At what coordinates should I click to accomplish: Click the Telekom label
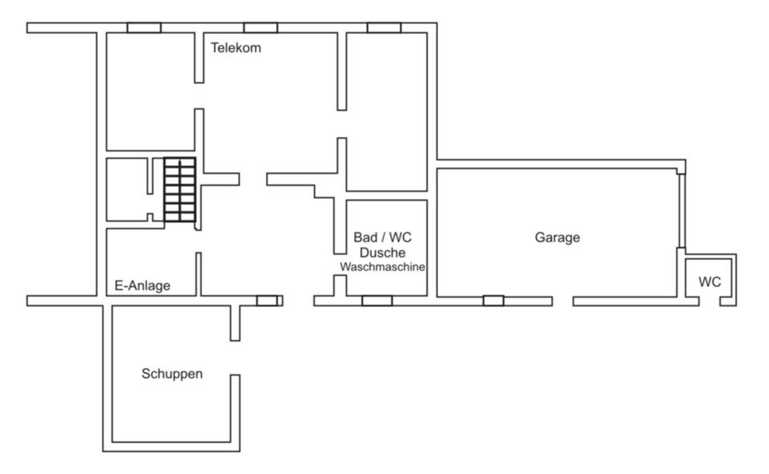236,47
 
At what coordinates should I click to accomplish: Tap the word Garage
558,237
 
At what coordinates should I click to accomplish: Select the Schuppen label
172,374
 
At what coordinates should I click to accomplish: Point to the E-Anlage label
143,286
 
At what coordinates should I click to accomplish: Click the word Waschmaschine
383,267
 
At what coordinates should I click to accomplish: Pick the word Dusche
383,253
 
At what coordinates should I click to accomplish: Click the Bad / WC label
383,237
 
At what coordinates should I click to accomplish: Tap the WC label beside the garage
710,282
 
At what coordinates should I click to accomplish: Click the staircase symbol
180,189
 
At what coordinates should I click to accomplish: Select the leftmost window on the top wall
144,27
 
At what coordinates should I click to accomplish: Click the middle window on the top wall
261,27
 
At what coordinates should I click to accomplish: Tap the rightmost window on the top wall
384,27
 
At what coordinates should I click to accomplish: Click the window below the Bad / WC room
377,301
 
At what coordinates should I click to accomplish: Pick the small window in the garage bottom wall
493,301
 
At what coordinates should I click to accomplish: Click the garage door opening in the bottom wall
563,301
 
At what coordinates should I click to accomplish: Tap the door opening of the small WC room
710,301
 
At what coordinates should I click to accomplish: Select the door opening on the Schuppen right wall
236,358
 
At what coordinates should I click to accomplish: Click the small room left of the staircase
127,189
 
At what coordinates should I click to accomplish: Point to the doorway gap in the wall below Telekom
199,95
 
